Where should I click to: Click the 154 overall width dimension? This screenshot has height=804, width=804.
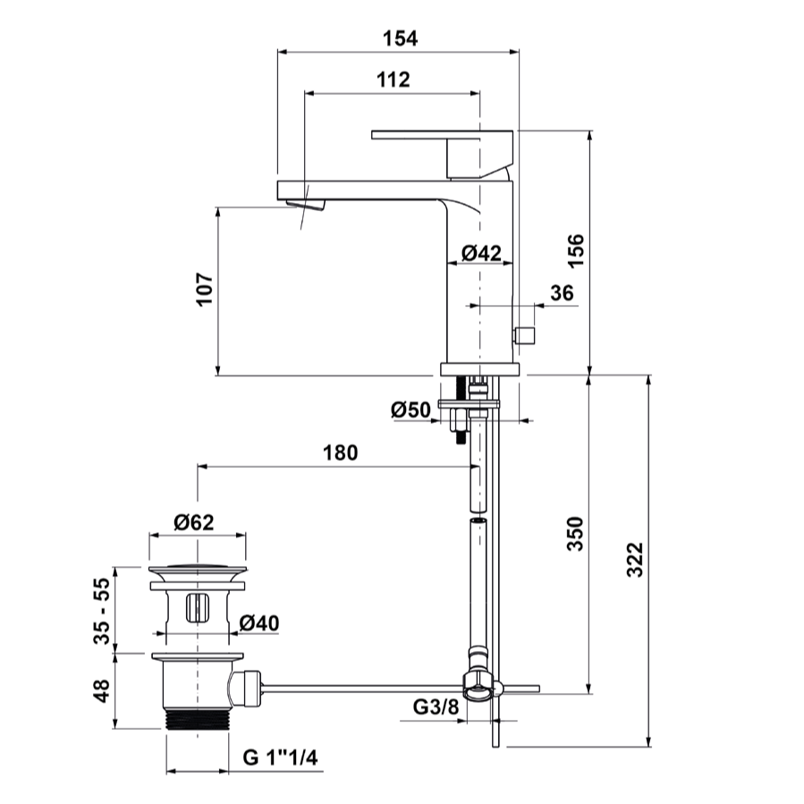400,38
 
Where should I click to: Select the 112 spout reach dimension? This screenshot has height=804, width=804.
394,80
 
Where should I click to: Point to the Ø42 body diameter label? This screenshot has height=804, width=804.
481,253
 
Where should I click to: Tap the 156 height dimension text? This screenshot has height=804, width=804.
576,250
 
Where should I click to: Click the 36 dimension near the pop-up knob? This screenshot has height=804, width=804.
562,292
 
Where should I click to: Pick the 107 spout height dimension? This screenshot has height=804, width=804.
205,290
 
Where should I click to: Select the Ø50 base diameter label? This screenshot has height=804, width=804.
410,410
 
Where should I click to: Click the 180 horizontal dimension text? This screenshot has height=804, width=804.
341,453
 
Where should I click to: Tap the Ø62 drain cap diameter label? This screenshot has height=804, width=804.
194,522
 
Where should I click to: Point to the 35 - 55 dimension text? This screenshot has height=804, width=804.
102,611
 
